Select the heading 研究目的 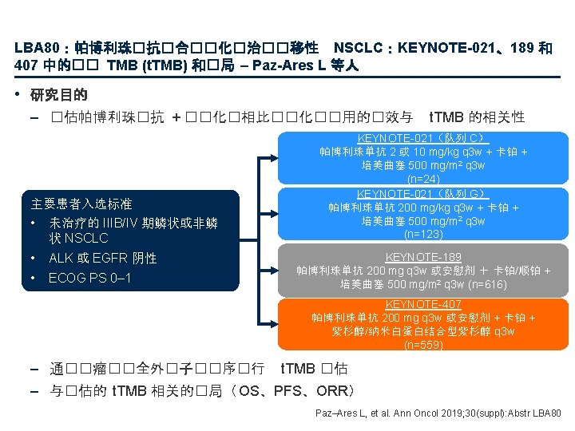(58, 96)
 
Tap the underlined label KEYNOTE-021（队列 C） (423, 138)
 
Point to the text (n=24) (423, 179)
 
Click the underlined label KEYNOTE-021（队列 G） (423, 194)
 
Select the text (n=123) (423, 235)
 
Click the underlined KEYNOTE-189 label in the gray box (423, 257)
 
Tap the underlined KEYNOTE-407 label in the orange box (423, 305)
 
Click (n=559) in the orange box (423, 346)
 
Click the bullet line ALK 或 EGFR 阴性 (102, 258)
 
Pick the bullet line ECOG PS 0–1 (89, 278)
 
